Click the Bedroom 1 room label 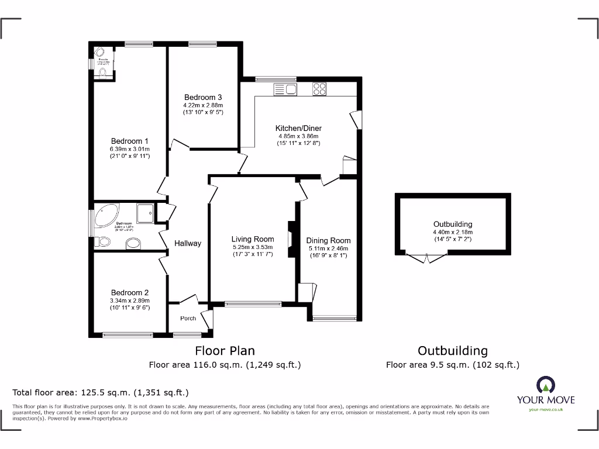pyautogui.click(x=130, y=141)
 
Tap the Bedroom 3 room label pyautogui.click(x=203, y=97)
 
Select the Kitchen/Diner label pyautogui.click(x=299, y=128)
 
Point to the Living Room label pyautogui.click(x=253, y=239)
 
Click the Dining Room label pyautogui.click(x=328, y=240)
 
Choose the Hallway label pyautogui.click(x=188, y=243)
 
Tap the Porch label pyautogui.click(x=188, y=319)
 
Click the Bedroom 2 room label pyautogui.click(x=130, y=292)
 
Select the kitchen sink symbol pyautogui.click(x=286, y=89)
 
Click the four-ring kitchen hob pyautogui.click(x=319, y=89)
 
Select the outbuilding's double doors pyautogui.click(x=426, y=257)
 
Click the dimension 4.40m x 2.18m pyautogui.click(x=453, y=232)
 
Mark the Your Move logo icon pyautogui.click(x=545, y=384)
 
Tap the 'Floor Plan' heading pyautogui.click(x=225, y=351)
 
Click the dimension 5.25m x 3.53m pyautogui.click(x=253, y=246)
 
